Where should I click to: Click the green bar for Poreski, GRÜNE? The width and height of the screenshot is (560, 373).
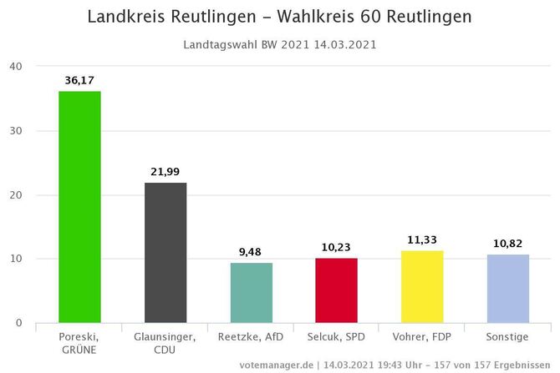point(79,207)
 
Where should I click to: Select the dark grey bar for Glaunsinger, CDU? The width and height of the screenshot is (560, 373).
point(165,252)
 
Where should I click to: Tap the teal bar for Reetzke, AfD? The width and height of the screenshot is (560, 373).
point(252,292)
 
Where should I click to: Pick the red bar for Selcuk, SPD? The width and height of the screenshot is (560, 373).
point(337,290)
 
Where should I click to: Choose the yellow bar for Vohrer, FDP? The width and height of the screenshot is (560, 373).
point(422,286)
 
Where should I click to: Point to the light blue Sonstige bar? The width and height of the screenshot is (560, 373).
point(508,288)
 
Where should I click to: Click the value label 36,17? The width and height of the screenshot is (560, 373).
point(79,81)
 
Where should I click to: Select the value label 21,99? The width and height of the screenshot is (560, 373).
point(165,172)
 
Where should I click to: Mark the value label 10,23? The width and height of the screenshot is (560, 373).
point(337,248)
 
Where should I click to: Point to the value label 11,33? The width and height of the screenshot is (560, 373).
point(422,240)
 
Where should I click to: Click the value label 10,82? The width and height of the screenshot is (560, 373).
point(508,244)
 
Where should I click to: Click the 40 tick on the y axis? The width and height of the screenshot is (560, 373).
point(17,67)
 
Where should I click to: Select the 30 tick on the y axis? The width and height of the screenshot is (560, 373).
point(17,131)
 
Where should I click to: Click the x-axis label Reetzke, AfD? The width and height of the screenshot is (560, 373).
point(252,336)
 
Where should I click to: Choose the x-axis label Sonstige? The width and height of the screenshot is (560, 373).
point(508,336)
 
